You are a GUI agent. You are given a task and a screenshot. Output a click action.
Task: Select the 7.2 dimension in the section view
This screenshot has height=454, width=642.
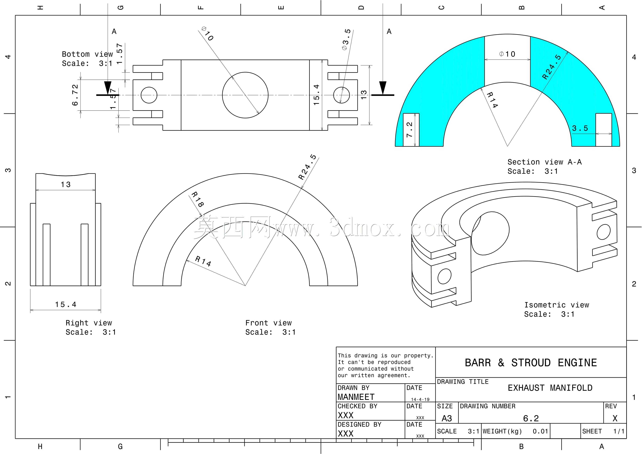point(409,129)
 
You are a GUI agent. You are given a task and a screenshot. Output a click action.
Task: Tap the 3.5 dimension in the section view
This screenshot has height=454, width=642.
point(580,128)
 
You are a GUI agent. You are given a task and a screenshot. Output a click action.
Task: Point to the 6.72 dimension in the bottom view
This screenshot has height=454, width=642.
point(75,95)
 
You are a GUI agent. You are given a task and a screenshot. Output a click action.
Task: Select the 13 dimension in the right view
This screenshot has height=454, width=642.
point(66,185)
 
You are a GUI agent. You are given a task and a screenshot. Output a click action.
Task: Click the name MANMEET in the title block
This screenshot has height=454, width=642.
point(356,397)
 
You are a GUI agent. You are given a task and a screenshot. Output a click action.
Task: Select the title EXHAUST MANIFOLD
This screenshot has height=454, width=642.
point(550,388)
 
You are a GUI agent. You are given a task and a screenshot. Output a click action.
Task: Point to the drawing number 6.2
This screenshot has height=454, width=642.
point(531,418)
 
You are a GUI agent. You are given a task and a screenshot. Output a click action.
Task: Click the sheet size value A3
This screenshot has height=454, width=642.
point(447,418)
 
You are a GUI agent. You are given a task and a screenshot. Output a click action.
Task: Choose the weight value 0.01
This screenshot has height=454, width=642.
point(540,431)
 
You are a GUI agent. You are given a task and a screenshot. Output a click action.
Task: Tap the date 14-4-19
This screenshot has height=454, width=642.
point(420,399)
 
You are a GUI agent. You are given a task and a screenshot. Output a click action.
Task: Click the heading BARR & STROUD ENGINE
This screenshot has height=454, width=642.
point(531,363)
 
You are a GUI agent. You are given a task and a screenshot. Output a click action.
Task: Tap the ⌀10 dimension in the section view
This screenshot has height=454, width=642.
point(507,54)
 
